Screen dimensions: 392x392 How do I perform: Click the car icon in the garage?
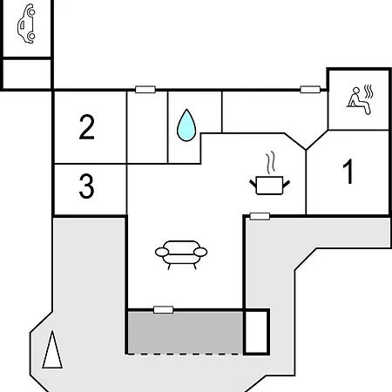tap(26, 24)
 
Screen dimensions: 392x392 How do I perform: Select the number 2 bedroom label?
tap(86, 127)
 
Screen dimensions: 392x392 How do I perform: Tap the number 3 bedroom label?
tap(86, 186)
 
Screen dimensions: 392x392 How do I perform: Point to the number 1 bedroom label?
tap(348, 172)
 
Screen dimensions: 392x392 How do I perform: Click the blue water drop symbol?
tap(186, 125)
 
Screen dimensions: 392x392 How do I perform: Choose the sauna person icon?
tap(360, 100)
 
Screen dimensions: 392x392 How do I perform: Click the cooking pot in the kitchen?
tap(269, 185)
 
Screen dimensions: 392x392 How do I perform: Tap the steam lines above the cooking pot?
tap(271, 163)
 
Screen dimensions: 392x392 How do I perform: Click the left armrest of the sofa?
tap(162, 252)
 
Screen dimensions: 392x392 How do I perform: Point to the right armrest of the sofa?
tap(200, 252)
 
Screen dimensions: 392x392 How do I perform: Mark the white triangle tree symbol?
tap(52, 350)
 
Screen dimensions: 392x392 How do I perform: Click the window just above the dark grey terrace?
tap(163, 309)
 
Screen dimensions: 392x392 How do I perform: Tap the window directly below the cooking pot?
tap(260, 216)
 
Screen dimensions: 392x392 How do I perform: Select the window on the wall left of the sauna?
tap(310, 89)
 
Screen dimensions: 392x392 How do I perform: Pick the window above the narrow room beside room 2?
tap(145, 89)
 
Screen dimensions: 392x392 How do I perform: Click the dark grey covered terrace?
tap(186, 333)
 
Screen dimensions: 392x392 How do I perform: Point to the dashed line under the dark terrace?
tap(186, 354)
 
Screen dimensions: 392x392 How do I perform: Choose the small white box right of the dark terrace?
tap(256, 332)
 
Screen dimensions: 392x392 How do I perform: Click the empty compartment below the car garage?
tap(27, 73)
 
